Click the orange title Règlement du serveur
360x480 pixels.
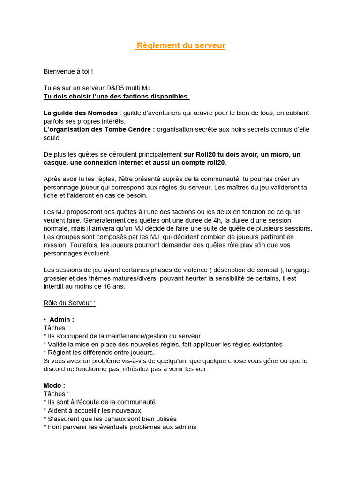coord(180,45)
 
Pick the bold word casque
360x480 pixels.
coord(55,162)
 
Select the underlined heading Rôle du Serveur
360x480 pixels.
coord(69,303)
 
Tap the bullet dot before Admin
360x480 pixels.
coord(45,319)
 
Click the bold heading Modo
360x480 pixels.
coord(54,385)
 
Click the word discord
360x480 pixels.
coord(54,369)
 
